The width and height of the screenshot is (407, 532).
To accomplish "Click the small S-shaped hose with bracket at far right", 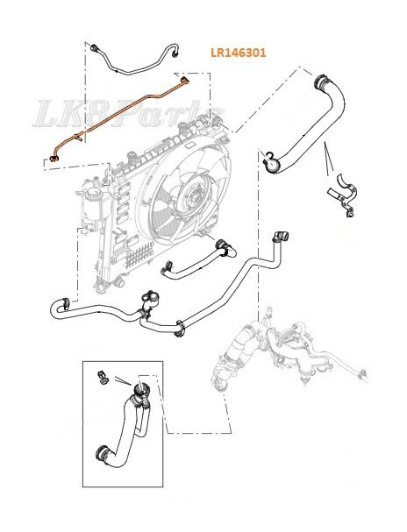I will [x=341, y=195].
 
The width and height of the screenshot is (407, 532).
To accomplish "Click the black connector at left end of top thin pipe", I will [x=92, y=43].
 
